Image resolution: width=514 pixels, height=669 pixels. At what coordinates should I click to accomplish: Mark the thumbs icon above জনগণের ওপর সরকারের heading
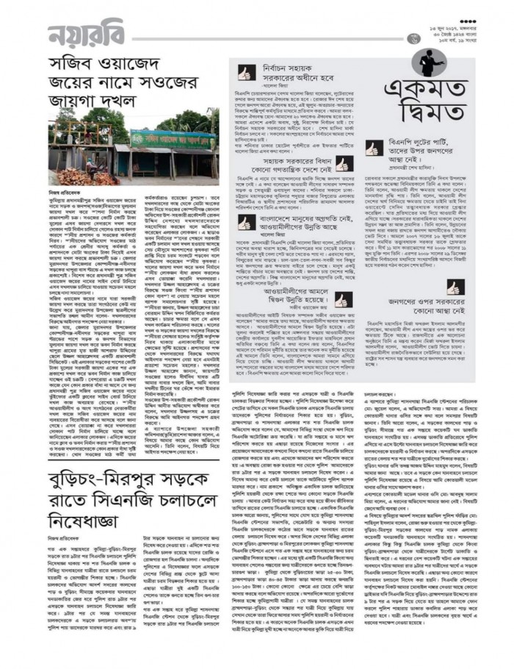coord(453,287)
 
